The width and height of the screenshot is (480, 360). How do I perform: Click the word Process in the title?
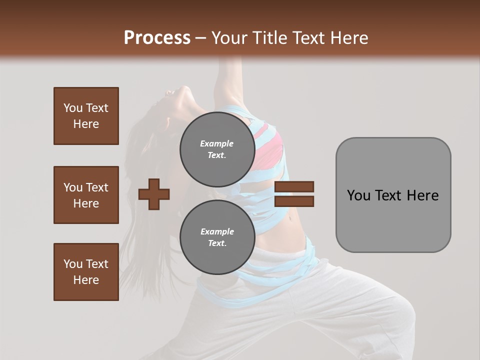[157, 38]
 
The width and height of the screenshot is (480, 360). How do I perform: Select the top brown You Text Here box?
[86, 116]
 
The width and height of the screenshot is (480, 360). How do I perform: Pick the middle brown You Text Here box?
[86, 195]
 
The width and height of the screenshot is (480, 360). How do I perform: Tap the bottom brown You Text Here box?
[86, 272]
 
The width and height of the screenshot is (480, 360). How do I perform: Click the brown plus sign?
[154, 194]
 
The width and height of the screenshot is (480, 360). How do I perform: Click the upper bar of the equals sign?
[294, 186]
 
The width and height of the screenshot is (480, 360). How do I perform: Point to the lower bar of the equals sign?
[294, 201]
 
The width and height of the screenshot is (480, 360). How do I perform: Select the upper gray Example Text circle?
[217, 149]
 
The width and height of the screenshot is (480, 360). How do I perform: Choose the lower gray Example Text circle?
[217, 237]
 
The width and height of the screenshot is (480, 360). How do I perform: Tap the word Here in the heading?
[350, 38]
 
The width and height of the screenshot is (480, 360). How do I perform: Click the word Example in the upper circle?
[216, 143]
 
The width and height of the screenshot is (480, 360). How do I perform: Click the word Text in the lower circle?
[216, 243]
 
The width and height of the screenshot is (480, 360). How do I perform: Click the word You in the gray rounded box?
[359, 195]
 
